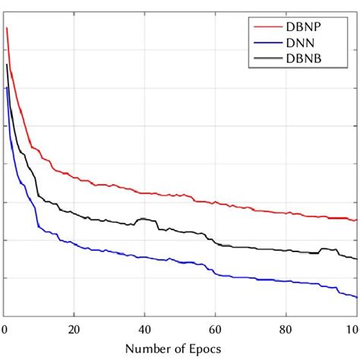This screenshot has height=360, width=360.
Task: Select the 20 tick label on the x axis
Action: [x=74, y=330]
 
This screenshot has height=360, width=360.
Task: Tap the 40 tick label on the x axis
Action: [x=144, y=330]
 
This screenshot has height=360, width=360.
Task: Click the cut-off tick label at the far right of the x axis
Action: [x=352, y=330]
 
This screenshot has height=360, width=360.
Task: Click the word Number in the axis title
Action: [x=145, y=349]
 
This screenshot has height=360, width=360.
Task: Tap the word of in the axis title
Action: [x=178, y=349]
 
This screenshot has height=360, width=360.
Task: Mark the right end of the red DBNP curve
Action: [x=356, y=220]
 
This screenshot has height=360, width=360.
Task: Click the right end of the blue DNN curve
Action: [x=356, y=297]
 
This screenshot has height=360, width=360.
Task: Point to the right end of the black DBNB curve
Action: [x=356, y=259]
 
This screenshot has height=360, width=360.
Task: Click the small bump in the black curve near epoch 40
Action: [x=141, y=219]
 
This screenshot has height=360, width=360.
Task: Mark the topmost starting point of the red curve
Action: [x=6, y=28]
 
